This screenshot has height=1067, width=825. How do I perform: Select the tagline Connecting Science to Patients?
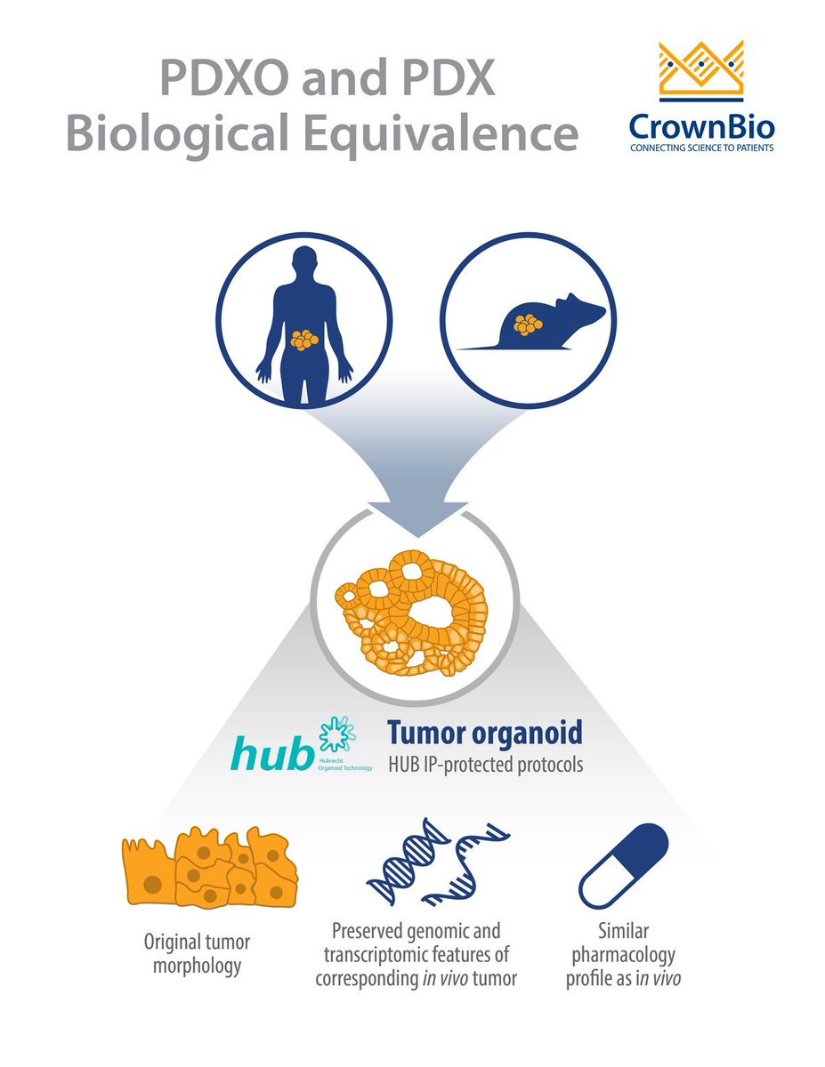pos(701,148)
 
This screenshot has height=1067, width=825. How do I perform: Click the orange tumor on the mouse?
pos(530,324)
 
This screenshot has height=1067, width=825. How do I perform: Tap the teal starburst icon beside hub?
pos(337,734)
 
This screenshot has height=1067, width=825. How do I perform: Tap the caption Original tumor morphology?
pos(198,953)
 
